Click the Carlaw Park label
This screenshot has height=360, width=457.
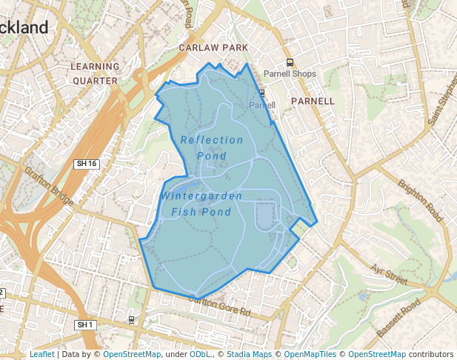(213, 47)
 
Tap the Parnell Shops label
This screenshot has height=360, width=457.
(290, 74)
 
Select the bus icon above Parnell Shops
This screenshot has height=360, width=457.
(290, 63)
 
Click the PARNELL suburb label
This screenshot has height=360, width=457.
(313, 101)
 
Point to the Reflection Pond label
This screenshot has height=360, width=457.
(212, 147)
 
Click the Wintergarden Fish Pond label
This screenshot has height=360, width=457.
(201, 204)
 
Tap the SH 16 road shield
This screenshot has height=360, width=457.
(87, 163)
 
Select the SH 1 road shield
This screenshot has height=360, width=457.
(85, 324)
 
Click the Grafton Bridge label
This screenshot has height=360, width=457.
(49, 186)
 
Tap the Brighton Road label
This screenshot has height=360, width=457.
(419, 201)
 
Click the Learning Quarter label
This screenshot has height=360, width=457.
(95, 73)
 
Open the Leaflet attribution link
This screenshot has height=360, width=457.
(41, 354)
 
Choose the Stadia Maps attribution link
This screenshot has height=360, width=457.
(249, 354)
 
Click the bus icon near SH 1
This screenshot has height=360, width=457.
(131, 320)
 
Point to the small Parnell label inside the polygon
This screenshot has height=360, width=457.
(261, 105)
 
